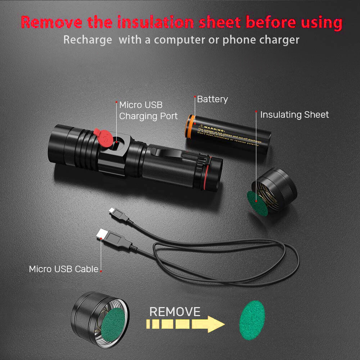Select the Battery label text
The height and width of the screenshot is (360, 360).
click(x=212, y=99)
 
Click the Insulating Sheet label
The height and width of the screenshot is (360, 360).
click(x=294, y=115)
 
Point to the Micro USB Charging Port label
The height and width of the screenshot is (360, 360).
click(x=148, y=111)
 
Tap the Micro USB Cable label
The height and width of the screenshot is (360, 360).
click(x=64, y=269)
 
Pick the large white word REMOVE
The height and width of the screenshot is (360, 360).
click(x=175, y=312)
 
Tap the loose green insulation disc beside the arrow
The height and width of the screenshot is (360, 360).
click(x=252, y=321)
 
